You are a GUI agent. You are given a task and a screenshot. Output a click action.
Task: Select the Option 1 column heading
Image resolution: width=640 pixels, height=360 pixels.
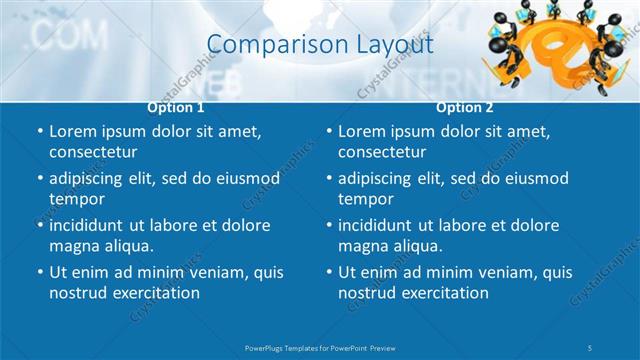(176, 107)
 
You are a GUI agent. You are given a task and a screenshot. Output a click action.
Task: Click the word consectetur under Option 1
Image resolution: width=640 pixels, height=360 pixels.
(93, 152)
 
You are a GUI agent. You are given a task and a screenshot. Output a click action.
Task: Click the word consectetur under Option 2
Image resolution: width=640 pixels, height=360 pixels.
(382, 152)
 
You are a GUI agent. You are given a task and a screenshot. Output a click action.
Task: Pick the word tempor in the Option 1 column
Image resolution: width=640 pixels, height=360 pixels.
(76, 199)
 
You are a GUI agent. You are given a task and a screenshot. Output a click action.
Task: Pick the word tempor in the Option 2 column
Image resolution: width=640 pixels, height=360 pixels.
(365, 199)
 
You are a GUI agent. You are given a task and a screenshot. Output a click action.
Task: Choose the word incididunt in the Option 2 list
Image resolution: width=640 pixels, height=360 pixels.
(382, 225)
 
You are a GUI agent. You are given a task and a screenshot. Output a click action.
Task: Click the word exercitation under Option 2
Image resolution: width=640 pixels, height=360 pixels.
(442, 293)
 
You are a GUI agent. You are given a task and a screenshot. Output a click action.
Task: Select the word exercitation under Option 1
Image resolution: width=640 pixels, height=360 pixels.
(153, 293)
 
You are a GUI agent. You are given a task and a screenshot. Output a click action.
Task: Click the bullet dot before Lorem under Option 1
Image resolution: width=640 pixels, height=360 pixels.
(39, 132)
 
